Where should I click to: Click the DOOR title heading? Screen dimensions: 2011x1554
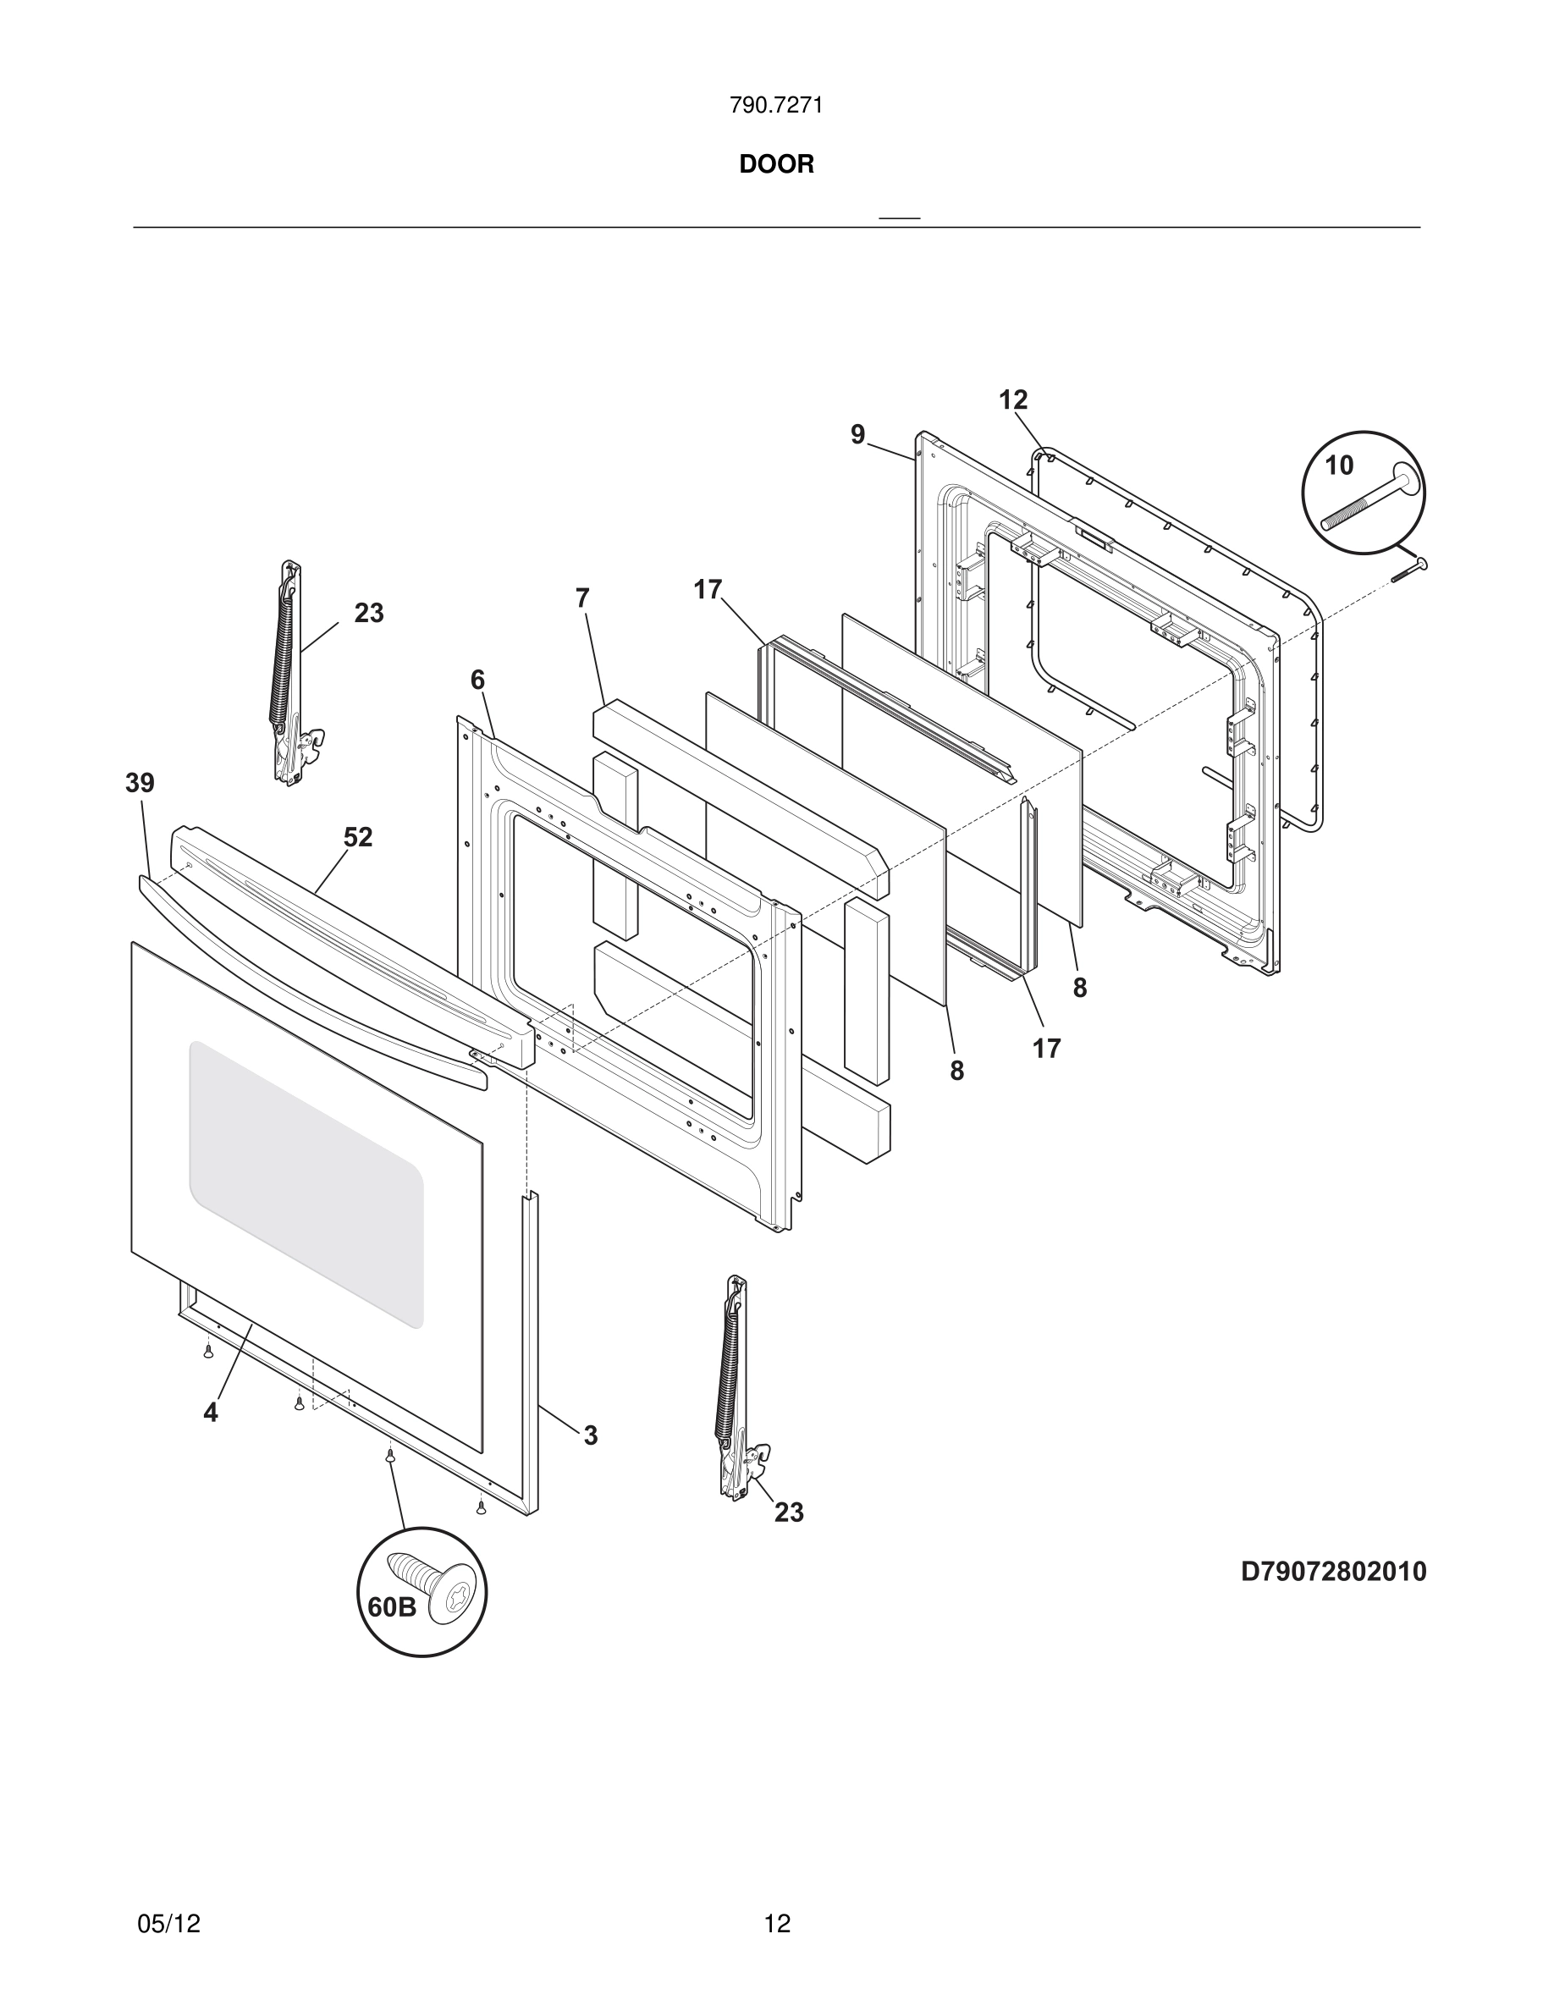(776, 164)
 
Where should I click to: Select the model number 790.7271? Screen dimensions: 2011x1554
(776, 106)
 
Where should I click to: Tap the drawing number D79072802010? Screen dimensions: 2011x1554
(1333, 1571)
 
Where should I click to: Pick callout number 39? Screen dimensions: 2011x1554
(140, 784)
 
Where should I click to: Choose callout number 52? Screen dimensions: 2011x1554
(358, 837)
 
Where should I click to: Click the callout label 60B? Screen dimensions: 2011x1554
(392, 1606)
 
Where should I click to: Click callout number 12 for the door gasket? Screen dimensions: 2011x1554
(1012, 400)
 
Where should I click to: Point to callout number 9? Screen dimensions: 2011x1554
(858, 434)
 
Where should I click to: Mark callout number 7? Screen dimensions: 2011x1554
(581, 598)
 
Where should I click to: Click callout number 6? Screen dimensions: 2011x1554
(477, 680)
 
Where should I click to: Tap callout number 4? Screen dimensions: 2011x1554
(211, 1413)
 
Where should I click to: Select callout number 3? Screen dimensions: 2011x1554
(590, 1435)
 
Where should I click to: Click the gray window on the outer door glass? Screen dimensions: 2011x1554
(306, 1184)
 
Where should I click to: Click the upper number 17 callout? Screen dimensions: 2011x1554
(707, 590)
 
